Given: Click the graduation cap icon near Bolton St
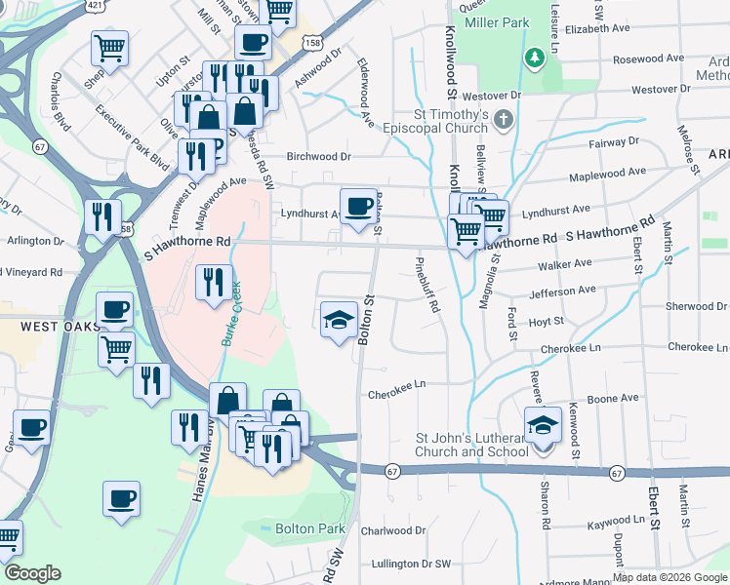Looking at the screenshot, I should [338, 320].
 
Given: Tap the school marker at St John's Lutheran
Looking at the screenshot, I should [542, 425].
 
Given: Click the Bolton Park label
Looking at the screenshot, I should [312, 528].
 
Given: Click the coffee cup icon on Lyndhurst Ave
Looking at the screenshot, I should [359, 206].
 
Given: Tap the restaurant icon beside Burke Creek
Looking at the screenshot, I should [213, 283].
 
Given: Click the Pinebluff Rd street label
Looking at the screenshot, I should [427, 284].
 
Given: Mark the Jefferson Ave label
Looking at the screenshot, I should [562, 291].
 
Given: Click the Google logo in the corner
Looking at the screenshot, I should [32, 573].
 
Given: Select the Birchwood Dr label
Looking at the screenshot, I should [317, 156].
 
